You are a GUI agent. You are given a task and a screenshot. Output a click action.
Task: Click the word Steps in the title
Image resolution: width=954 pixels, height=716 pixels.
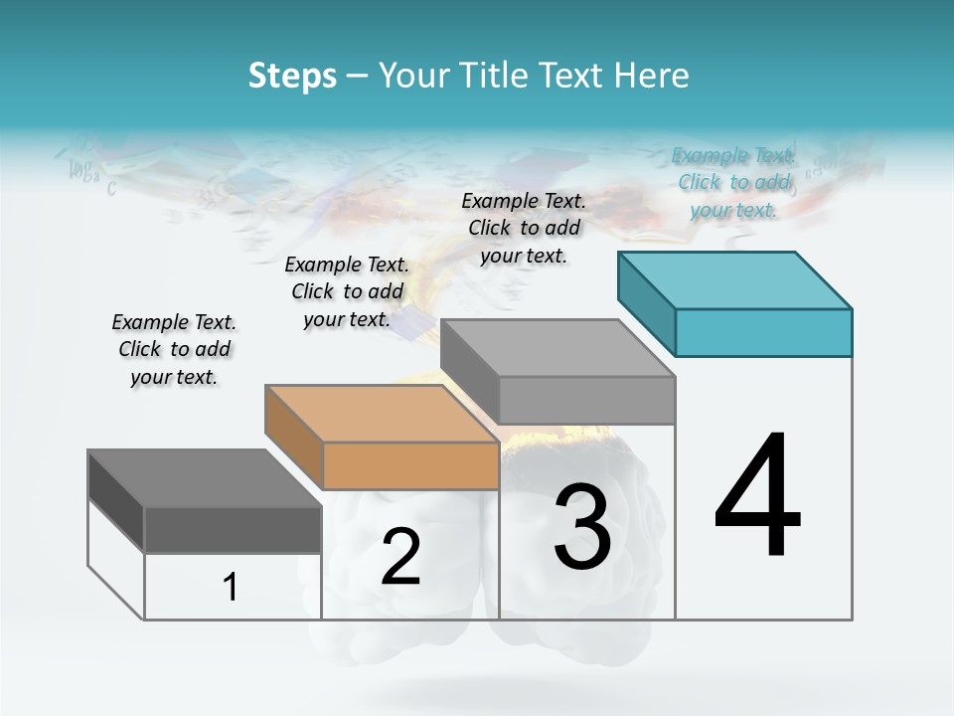[x=292, y=76]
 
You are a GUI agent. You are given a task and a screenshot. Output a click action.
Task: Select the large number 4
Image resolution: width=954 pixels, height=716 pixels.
[x=757, y=496]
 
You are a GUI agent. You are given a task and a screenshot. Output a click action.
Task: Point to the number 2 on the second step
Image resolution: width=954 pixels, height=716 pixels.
[x=400, y=557]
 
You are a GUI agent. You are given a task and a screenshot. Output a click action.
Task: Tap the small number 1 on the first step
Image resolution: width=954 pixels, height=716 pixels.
[x=231, y=587]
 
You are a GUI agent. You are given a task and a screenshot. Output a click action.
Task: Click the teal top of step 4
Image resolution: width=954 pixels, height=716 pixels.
[x=735, y=279]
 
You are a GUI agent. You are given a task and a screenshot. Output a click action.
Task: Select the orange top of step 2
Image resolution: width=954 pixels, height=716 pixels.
[x=382, y=413]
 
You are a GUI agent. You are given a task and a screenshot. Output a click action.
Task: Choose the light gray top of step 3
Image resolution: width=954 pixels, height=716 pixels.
[x=557, y=348]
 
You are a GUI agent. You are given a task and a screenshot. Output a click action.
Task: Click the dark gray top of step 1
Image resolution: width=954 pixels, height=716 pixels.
[x=205, y=478]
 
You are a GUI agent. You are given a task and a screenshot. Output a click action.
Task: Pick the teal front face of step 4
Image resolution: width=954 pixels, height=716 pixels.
[x=763, y=332]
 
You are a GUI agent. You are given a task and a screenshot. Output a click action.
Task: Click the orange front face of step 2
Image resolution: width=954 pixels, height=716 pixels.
[x=410, y=465]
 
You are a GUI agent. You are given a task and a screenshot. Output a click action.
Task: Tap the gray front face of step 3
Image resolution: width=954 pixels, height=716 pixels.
[x=586, y=400]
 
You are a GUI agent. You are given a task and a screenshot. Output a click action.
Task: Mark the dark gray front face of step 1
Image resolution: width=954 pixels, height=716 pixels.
[x=233, y=529]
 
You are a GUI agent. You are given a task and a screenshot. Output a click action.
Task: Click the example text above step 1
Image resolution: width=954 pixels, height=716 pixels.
[x=174, y=349]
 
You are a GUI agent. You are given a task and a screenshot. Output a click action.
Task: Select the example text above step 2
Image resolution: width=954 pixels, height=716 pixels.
[x=347, y=291]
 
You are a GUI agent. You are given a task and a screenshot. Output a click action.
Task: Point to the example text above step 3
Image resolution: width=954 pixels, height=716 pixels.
[x=524, y=228]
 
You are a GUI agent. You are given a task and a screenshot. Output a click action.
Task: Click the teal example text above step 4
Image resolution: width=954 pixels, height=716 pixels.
[x=733, y=182]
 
